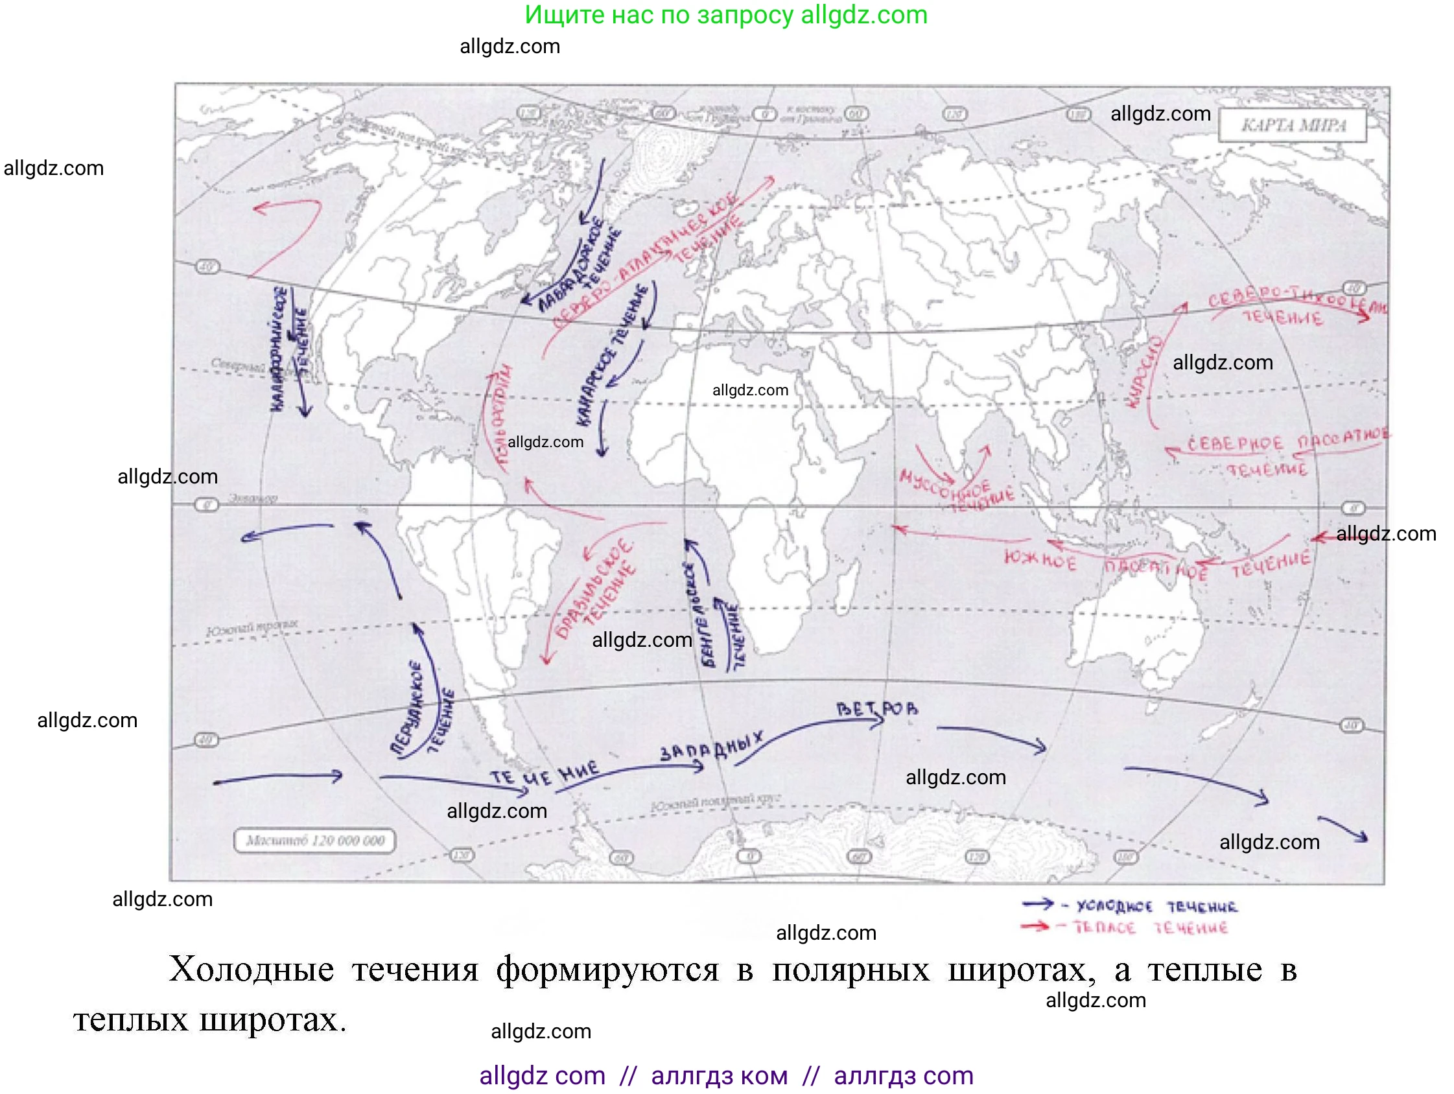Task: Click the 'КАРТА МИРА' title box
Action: pos(1293,126)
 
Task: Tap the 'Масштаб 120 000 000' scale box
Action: pos(314,841)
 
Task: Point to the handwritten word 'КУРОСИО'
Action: pos(1143,371)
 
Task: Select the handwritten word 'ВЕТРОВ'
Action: pos(877,709)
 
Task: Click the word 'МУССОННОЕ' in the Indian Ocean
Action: pos(944,485)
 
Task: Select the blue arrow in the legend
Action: pos(1038,905)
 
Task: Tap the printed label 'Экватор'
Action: pos(253,498)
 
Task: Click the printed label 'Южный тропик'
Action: pos(252,627)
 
